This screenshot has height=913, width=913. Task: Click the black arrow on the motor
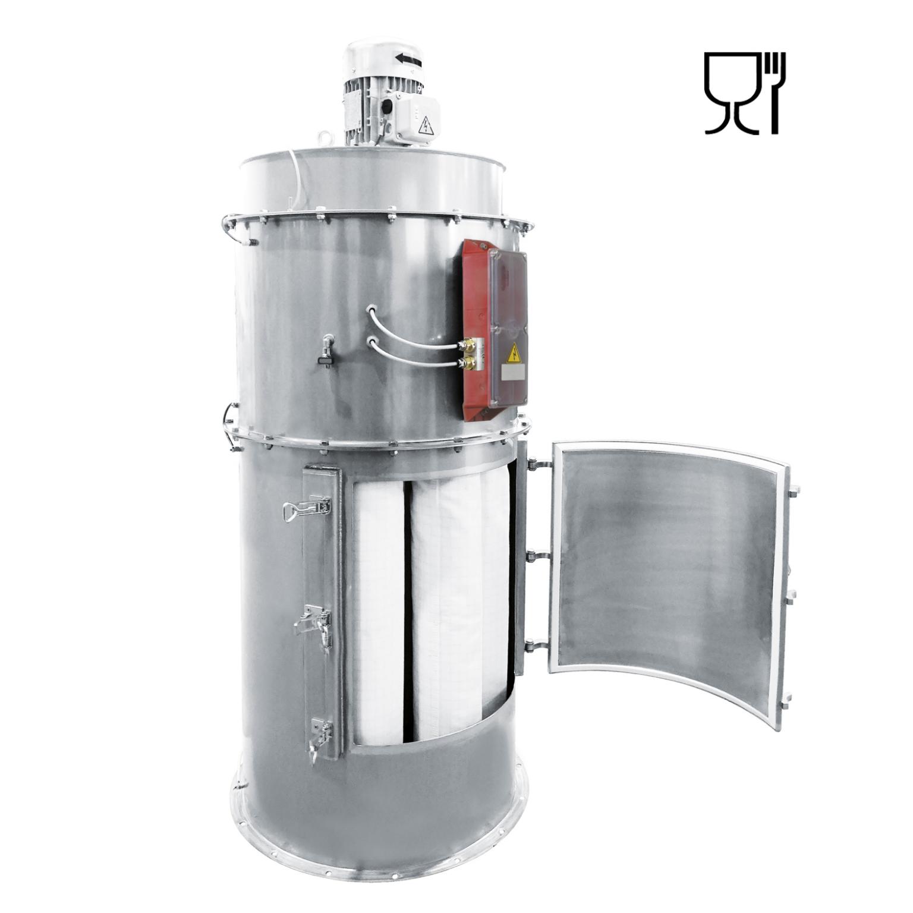(x=409, y=59)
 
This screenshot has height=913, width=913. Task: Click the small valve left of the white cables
(x=325, y=348)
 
